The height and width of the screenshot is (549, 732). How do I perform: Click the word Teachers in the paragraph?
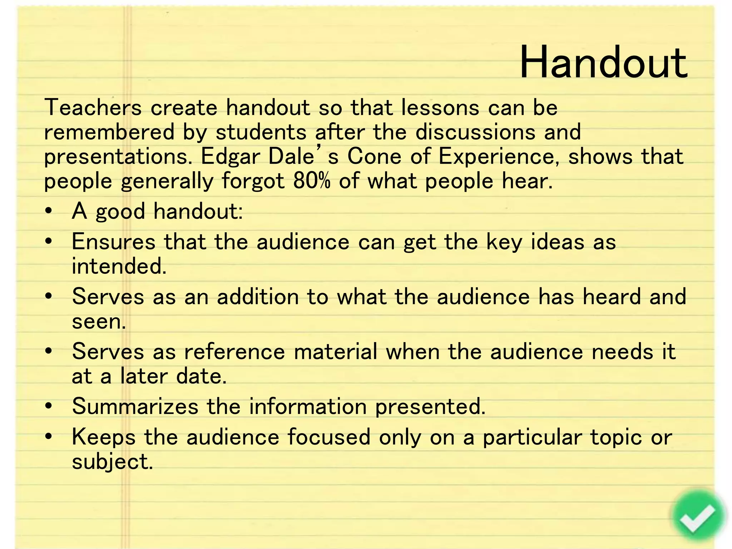point(93,107)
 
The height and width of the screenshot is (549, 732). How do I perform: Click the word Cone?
point(374,157)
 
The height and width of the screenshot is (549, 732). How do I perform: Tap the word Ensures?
point(114,242)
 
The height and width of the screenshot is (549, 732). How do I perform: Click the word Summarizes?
point(135,407)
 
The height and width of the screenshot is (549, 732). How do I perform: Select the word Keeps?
point(104,437)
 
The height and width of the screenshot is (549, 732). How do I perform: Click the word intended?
point(119,266)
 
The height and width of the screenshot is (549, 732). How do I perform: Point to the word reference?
point(234,352)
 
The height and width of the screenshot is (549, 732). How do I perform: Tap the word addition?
point(258,297)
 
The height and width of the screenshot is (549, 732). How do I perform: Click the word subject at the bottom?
point(112,462)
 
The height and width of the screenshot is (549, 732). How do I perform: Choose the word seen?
point(99,322)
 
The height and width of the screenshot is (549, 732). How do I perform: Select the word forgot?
point(253,182)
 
